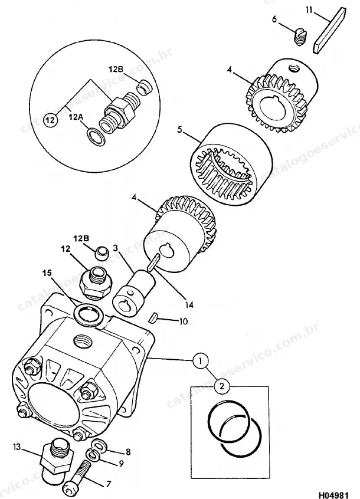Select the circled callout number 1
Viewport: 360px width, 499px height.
(x=201, y=360)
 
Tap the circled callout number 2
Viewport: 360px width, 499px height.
(x=222, y=386)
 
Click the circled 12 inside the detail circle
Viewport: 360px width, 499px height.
(x=51, y=120)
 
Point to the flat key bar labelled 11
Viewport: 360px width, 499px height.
(x=329, y=30)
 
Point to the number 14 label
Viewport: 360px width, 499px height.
(x=189, y=305)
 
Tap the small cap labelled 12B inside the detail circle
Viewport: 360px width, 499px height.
(x=145, y=87)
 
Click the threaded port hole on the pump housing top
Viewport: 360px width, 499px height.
(x=83, y=343)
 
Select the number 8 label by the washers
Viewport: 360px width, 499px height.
(x=128, y=452)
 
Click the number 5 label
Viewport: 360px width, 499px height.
(x=179, y=130)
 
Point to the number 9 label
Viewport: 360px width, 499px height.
(x=121, y=464)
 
